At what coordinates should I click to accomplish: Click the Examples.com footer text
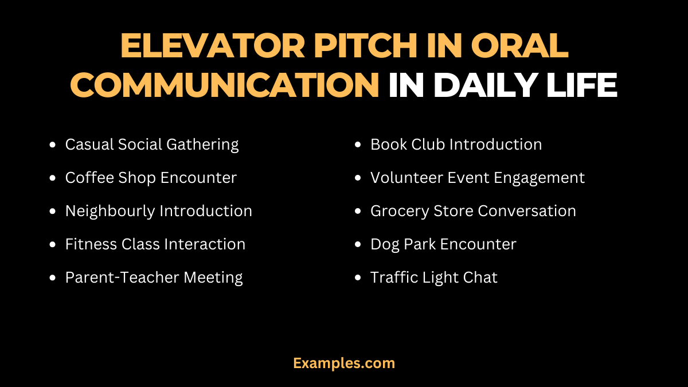344,363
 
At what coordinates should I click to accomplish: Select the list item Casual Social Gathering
152,144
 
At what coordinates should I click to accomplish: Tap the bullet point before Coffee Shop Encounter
53,178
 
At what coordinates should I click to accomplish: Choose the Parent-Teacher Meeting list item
154,277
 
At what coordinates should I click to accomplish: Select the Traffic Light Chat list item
433,277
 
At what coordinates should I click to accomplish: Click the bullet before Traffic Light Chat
358,278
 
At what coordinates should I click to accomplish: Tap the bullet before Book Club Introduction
358,145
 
